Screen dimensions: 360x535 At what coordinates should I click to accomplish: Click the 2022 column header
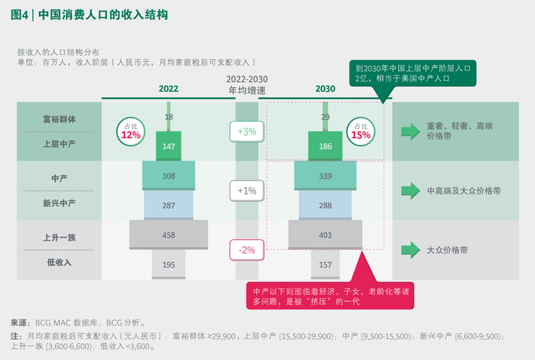[x=169, y=89]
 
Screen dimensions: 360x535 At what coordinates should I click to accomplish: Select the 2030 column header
[x=326, y=89]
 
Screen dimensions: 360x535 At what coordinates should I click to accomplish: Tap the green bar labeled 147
[x=169, y=145]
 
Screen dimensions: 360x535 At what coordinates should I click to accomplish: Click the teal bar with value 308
[x=169, y=176]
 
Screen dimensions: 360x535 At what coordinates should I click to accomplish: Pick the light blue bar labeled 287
[x=169, y=206]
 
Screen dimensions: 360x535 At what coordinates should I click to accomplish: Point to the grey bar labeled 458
[x=169, y=234]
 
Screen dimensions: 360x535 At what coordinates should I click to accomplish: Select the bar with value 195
[x=169, y=264]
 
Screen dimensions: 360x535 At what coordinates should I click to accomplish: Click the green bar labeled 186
[x=326, y=145]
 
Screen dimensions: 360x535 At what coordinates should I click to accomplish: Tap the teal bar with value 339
[x=326, y=176]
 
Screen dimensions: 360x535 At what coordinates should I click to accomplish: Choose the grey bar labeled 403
[x=326, y=234]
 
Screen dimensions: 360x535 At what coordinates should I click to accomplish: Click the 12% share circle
[x=131, y=131]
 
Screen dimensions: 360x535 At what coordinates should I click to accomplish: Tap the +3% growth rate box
[x=247, y=131]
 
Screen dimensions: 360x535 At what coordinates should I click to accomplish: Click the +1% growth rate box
[x=247, y=190]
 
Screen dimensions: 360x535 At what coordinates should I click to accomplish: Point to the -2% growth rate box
[x=247, y=248]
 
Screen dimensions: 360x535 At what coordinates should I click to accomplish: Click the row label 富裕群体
[x=59, y=119]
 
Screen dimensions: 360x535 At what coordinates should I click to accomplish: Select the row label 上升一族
[x=59, y=237]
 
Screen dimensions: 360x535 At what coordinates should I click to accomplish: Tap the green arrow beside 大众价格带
[x=411, y=249]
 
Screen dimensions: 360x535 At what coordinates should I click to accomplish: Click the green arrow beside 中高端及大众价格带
[x=411, y=190]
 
